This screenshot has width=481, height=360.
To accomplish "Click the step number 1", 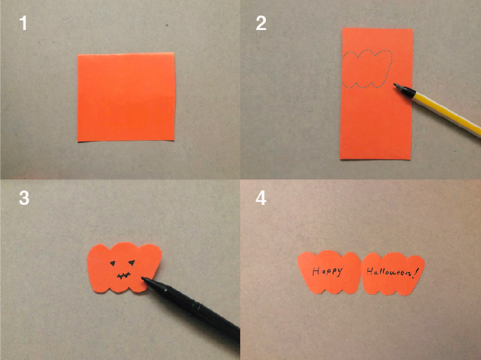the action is click(23, 23).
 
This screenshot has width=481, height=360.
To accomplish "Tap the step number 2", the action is click(261, 23).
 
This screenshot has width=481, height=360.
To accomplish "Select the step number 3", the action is click(24, 198).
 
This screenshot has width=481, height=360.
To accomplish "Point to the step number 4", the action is click(261, 198).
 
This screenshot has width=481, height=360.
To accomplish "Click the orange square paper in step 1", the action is click(126, 97).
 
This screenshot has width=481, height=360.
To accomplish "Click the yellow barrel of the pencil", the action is click(446, 114).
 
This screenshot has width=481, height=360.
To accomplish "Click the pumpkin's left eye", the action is click(113, 263).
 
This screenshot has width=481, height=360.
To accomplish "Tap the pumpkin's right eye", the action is click(132, 262).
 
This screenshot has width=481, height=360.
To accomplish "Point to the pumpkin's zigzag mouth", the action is click(123, 276).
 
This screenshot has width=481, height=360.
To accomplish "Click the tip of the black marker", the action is click(143, 278).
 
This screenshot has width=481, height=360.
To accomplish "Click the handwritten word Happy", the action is click(327, 271).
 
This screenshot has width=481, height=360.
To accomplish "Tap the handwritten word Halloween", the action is click(389, 271).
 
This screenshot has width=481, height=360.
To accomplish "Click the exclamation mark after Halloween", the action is click(416, 272).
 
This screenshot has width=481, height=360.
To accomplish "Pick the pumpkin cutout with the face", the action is click(124, 268).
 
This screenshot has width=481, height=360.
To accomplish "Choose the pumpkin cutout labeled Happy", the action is click(329, 272).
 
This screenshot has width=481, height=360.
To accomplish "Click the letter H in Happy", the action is click(316, 271).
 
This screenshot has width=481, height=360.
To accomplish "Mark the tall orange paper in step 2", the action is click(377, 94).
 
